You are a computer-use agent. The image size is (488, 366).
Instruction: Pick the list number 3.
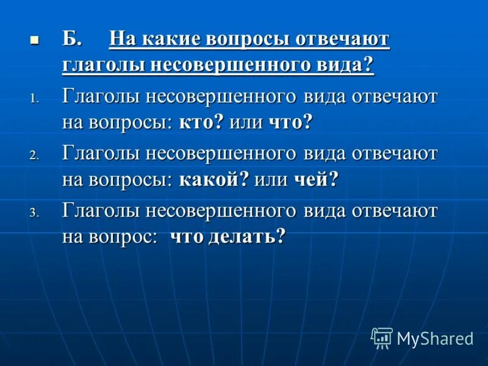point(34,213)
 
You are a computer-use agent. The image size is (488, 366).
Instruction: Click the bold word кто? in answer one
point(201,122)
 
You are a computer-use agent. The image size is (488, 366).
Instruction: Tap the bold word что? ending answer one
point(290,122)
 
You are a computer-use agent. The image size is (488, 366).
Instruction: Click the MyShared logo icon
point(382,338)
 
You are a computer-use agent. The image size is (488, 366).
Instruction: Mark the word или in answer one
point(246,122)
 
